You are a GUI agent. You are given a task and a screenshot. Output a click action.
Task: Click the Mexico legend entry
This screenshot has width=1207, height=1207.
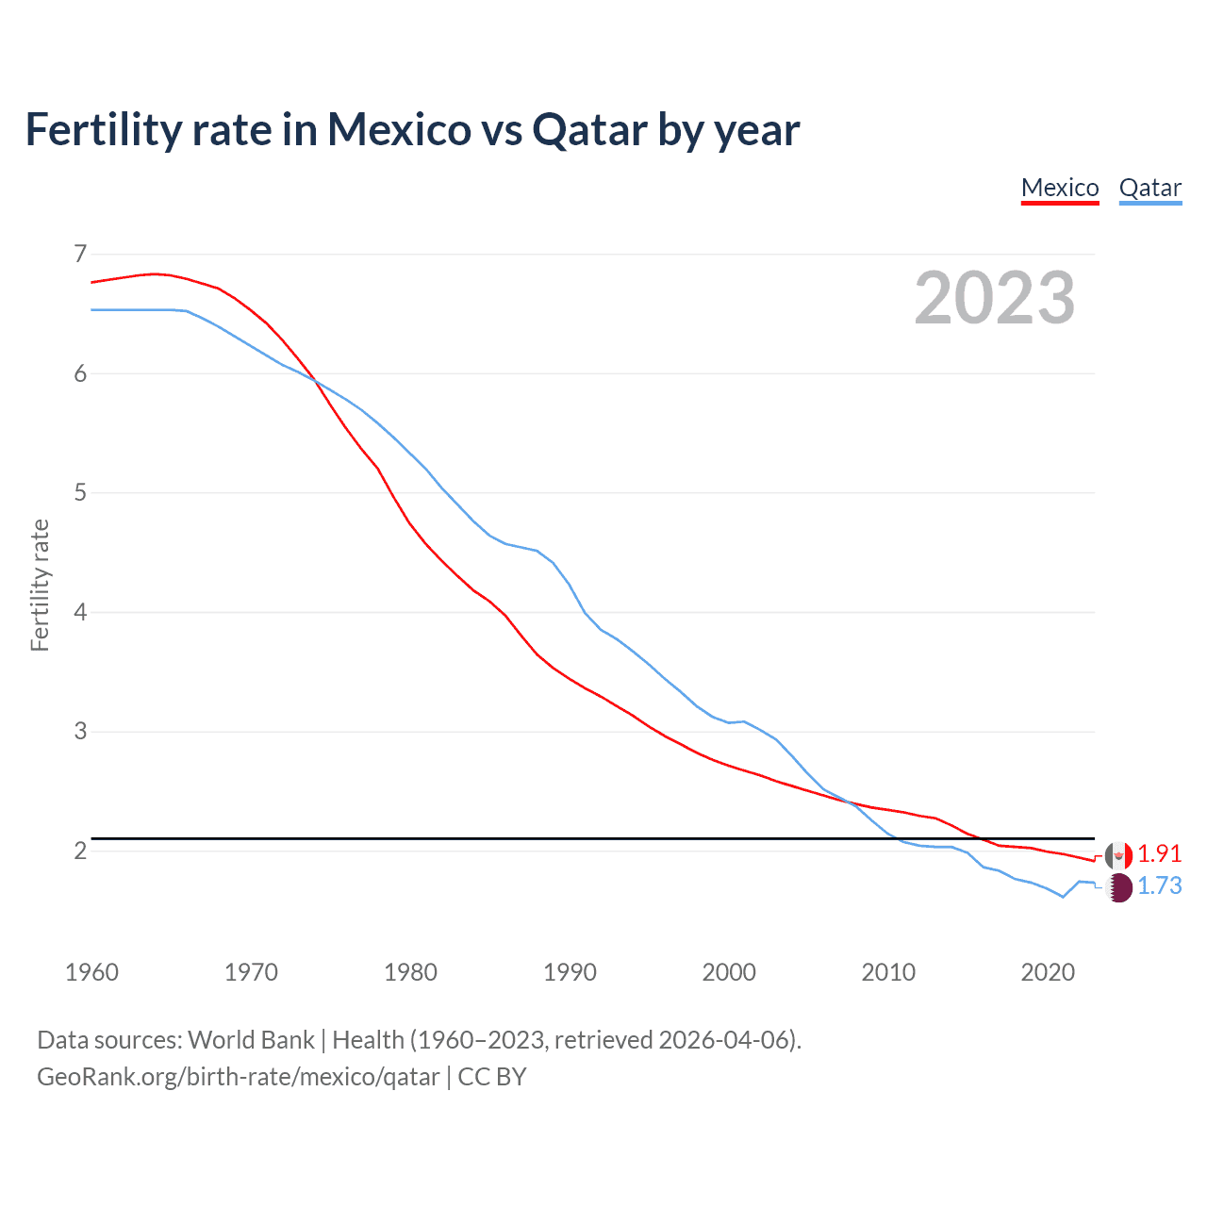1060,188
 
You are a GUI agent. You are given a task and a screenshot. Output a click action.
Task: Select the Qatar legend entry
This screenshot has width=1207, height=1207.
1149,188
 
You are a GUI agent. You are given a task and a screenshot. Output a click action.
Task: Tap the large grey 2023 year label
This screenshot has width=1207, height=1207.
994,298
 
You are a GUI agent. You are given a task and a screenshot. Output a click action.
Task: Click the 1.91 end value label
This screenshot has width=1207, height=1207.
1159,853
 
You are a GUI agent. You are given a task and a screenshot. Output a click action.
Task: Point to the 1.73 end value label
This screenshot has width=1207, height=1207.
1159,885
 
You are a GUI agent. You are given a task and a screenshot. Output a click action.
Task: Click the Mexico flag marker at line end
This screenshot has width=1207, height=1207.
1118,856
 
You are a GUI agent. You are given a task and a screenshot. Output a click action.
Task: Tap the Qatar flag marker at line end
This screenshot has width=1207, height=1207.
1118,887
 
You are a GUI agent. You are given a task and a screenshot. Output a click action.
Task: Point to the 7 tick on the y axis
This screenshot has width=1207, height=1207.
79,254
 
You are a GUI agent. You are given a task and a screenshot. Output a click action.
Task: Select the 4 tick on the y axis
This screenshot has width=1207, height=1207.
79,612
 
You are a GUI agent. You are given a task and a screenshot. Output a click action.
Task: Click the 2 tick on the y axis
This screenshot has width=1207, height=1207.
79,851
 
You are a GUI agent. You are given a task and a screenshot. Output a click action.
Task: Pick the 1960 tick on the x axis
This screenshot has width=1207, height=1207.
91,972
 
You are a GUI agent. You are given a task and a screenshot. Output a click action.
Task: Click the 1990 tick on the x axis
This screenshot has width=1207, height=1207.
570,972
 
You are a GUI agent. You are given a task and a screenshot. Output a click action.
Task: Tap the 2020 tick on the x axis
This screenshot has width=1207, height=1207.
1048,972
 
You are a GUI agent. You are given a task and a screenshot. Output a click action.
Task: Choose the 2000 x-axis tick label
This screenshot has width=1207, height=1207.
729,972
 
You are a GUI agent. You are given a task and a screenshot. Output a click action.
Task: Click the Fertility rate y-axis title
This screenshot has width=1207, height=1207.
40,585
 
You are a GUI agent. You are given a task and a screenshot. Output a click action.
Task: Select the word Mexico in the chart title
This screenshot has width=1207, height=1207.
399,129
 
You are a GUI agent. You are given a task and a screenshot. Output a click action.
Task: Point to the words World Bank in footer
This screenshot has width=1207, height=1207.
251,1040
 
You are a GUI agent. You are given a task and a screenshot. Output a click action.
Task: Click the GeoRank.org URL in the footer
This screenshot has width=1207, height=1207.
238,1077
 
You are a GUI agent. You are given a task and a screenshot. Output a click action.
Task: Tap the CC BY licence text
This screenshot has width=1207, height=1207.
491,1077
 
